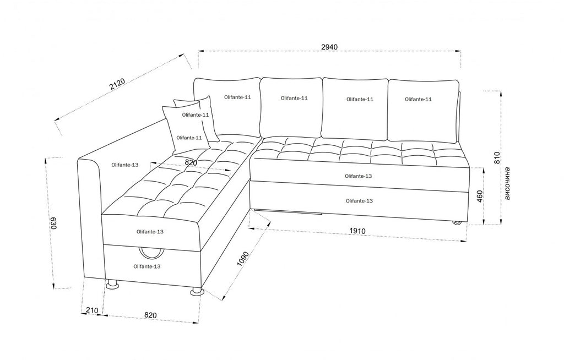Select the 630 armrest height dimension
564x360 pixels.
click(53, 223)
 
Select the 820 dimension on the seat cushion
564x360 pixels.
click(191, 162)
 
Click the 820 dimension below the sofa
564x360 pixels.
click(150, 315)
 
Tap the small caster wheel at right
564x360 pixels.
click(457, 223)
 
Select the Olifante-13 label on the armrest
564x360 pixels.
click(124, 165)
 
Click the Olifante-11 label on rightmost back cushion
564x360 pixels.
click(418, 99)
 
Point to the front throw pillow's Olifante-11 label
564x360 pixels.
click(188, 137)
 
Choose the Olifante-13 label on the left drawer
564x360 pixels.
click(147, 266)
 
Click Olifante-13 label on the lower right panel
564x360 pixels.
click(359, 201)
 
